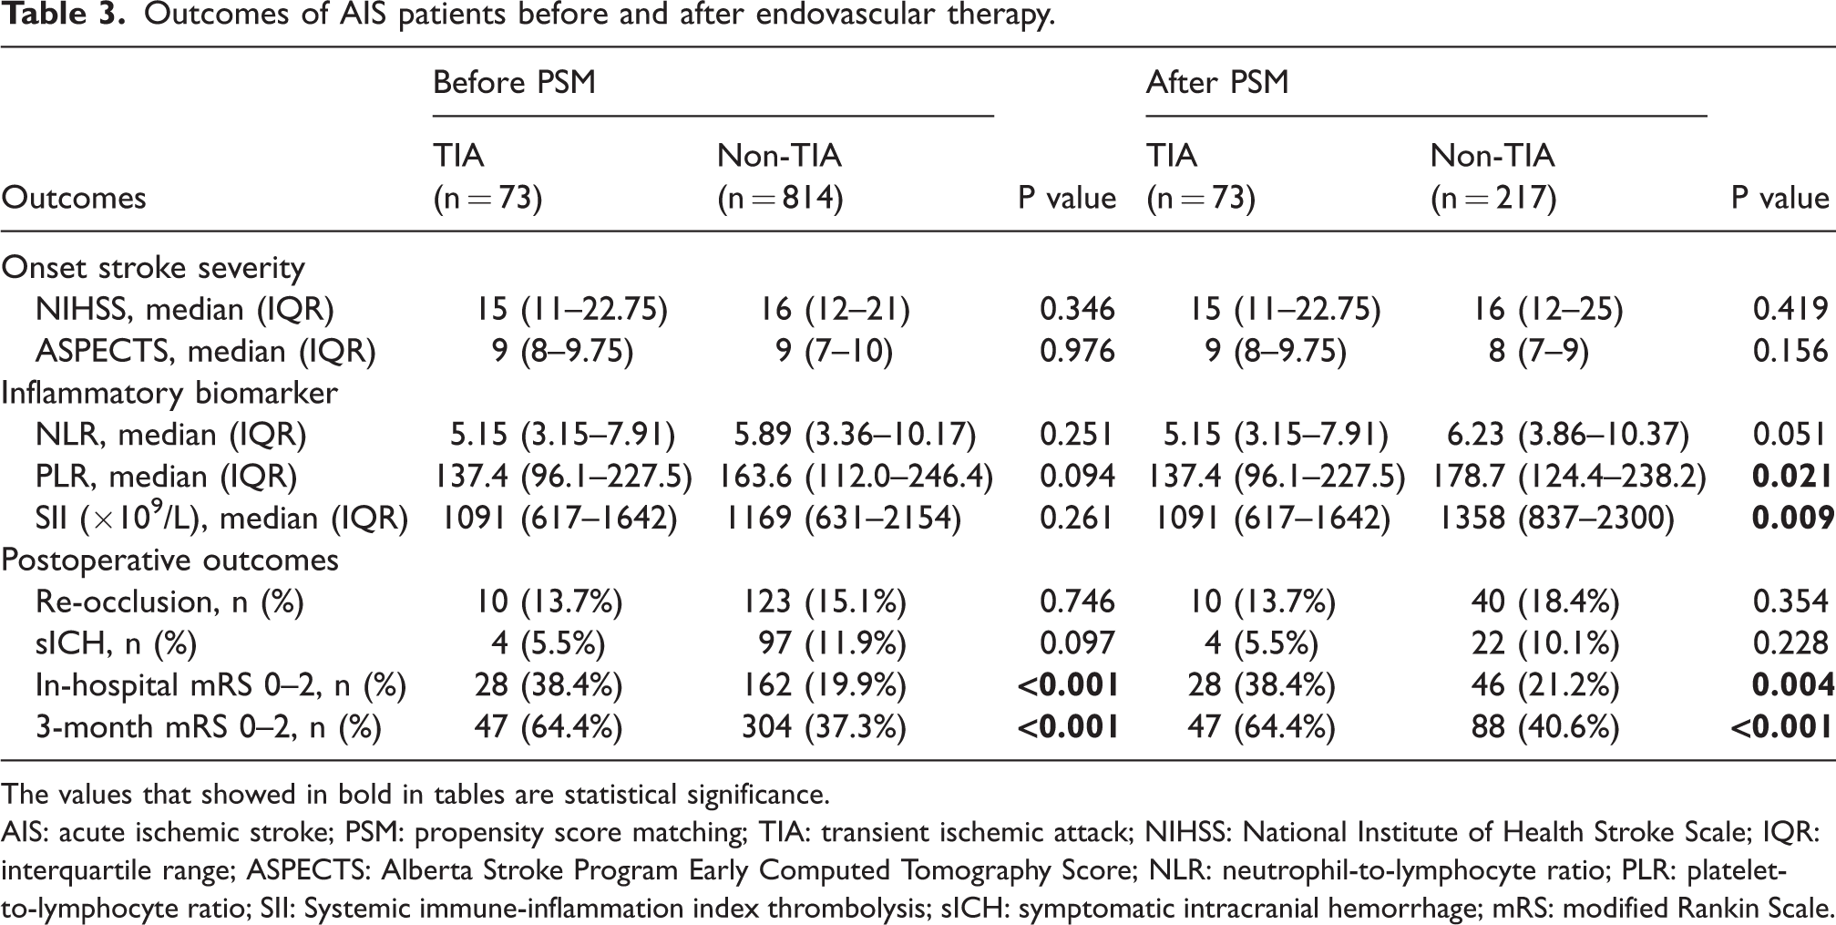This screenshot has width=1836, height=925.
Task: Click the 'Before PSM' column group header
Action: tap(514, 83)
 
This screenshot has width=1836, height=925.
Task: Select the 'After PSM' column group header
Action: tap(1217, 83)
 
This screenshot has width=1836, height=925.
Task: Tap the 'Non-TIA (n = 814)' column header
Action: tap(780, 177)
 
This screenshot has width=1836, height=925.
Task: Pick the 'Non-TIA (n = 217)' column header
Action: tap(1493, 177)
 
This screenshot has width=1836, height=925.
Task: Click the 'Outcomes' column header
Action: tap(74, 198)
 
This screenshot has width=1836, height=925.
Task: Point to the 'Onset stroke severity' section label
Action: tap(153, 268)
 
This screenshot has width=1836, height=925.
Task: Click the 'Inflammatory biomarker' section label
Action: tap(169, 393)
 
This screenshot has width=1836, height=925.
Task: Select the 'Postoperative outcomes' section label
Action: tap(170, 560)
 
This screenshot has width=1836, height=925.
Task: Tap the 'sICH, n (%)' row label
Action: tap(117, 643)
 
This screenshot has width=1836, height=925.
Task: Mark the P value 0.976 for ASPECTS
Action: tap(1078, 351)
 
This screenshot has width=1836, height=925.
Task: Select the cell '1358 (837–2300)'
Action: tap(1557, 519)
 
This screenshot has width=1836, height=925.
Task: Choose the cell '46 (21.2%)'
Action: tap(1546, 684)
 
